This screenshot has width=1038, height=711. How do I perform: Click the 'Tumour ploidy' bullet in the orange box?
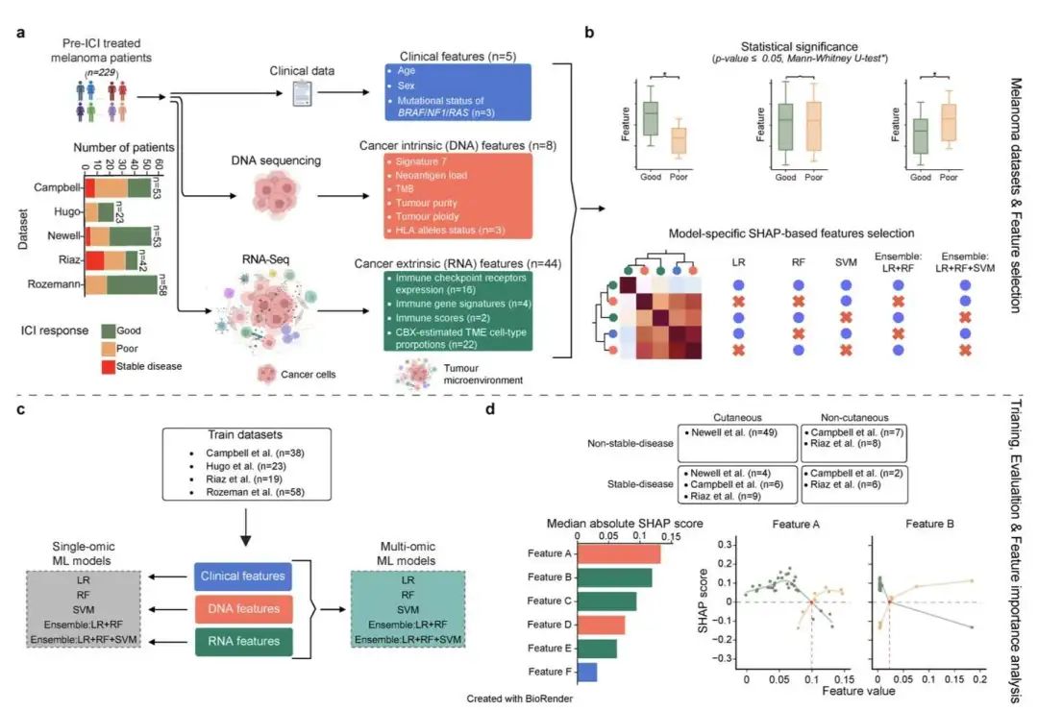click(428, 216)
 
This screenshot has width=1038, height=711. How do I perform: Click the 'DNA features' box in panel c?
click(243, 608)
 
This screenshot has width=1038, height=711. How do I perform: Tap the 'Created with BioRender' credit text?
click(520, 699)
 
